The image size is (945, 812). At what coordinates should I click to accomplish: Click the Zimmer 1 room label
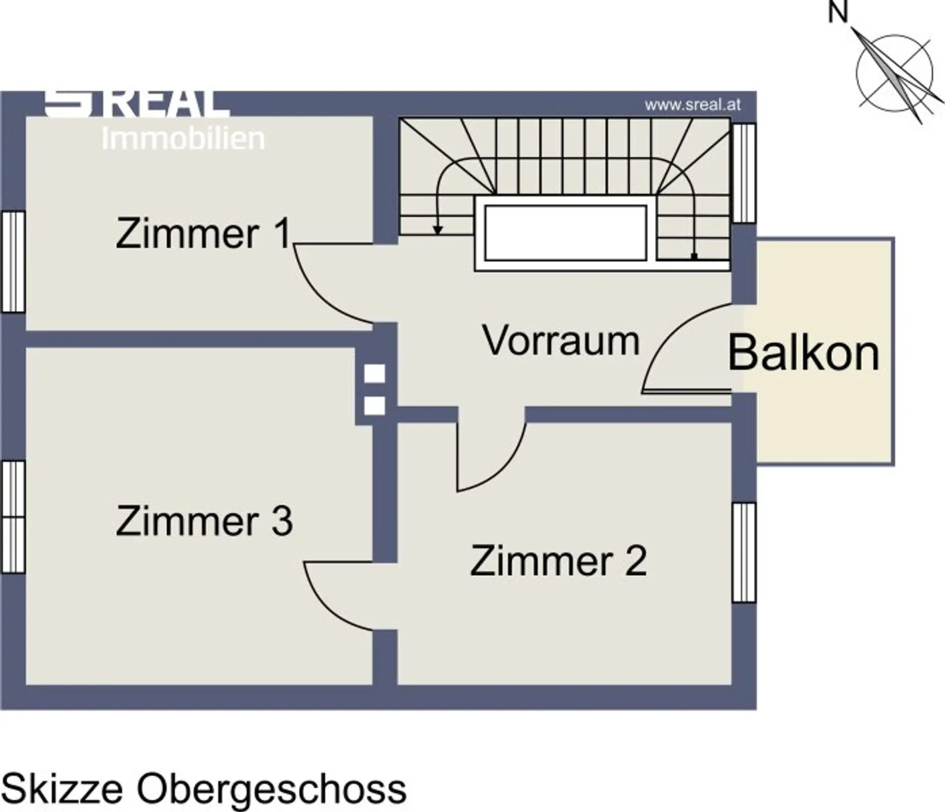(204, 234)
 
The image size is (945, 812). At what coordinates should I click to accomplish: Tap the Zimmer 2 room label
(559, 561)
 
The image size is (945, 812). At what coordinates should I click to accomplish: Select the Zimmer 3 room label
(204, 521)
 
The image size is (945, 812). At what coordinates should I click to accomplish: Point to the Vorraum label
(561, 340)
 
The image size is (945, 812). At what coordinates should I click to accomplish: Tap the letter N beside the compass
(838, 12)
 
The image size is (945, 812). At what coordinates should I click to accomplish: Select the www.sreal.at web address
(693, 105)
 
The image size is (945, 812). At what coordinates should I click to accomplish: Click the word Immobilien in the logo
(183, 139)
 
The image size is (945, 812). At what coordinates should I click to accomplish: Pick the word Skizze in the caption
(62, 789)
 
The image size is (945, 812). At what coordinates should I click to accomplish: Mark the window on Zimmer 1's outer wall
(13, 261)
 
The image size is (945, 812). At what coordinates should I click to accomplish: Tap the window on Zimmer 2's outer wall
(744, 552)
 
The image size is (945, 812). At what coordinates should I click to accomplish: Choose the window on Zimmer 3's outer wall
(13, 517)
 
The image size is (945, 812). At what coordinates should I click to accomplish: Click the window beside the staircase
(744, 173)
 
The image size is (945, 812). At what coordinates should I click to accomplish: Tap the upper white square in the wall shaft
(374, 374)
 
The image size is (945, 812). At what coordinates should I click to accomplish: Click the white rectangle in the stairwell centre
(565, 233)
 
